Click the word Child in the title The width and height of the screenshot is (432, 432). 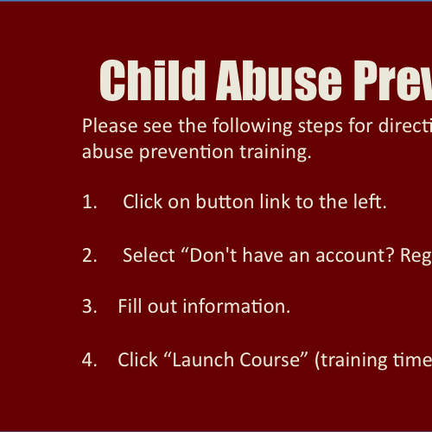152,80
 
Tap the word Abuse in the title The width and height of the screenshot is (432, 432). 279,81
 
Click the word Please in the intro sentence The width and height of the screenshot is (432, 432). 110,126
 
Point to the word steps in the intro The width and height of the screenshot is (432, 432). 321,127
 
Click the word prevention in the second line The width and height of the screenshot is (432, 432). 187,153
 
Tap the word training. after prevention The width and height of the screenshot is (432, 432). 276,152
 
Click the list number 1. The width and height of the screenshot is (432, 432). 89,201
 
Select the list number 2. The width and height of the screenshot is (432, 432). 89,255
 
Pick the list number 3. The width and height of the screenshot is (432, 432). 89,306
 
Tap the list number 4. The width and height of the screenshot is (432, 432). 89,360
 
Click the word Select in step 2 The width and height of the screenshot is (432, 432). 149,255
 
